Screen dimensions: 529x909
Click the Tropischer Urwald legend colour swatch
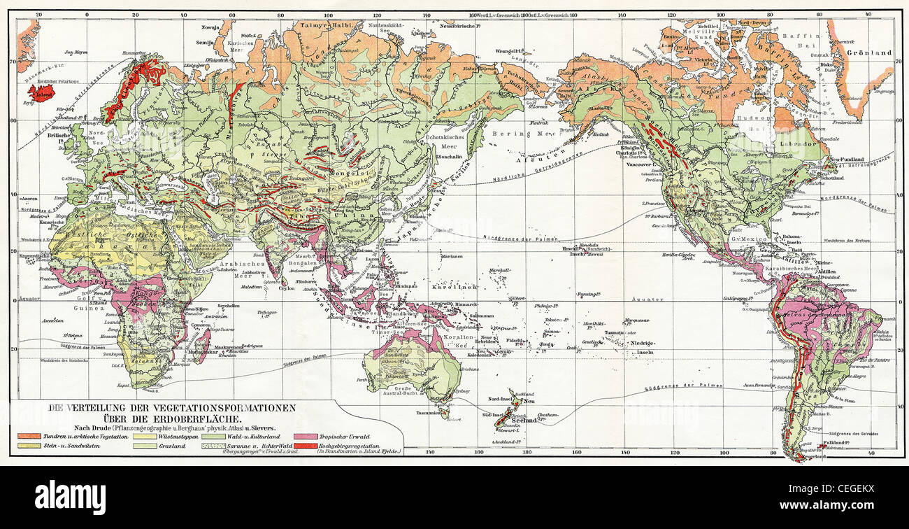(x=305, y=436)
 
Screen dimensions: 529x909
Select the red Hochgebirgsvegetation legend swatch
(x=305, y=446)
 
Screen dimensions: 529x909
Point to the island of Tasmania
(x=441, y=413)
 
